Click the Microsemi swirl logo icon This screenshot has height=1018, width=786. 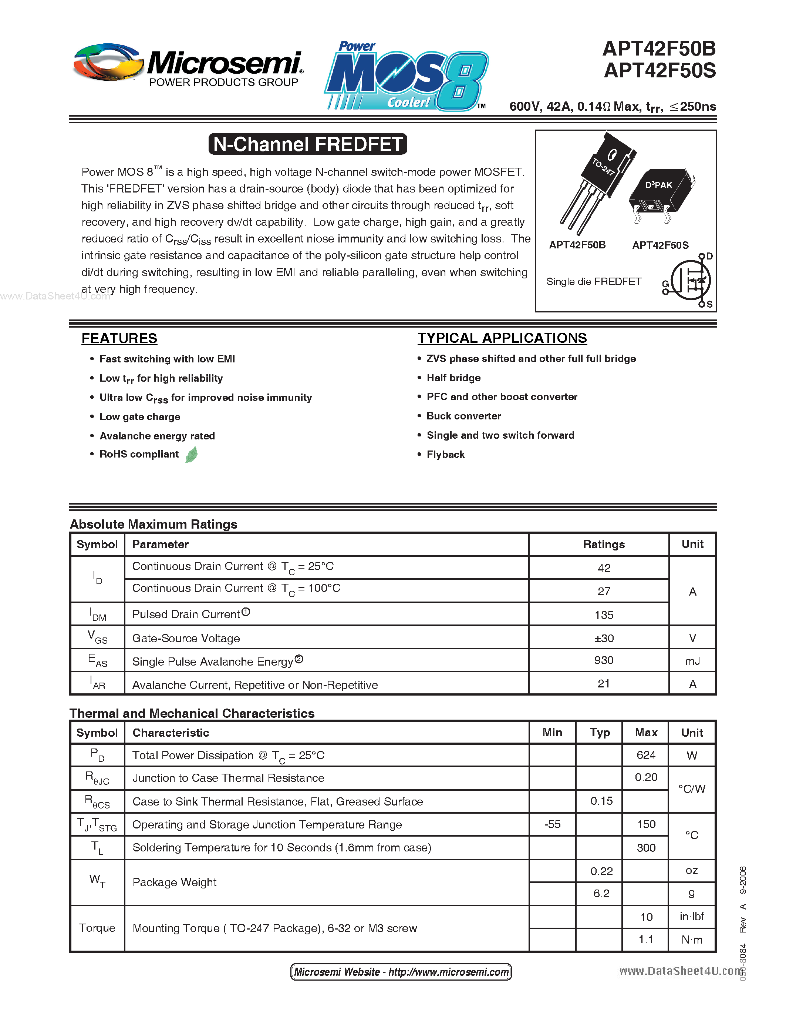(108, 63)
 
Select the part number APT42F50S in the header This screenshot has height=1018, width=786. (660, 71)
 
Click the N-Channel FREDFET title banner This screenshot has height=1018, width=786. (308, 144)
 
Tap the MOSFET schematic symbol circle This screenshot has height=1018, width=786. (690, 280)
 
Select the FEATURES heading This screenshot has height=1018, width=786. (119, 338)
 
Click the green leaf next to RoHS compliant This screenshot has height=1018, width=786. (191, 455)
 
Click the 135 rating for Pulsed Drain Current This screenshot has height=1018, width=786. (604, 615)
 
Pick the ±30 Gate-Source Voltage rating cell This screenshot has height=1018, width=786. (604, 638)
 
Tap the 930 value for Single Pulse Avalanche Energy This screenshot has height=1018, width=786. (604, 660)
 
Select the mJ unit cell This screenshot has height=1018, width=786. (692, 661)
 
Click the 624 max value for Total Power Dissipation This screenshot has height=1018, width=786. (646, 755)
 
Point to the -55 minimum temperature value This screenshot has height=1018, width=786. (552, 824)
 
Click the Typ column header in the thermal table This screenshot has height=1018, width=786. (599, 732)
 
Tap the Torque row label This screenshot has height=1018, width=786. (97, 928)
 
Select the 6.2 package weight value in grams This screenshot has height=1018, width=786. (601, 894)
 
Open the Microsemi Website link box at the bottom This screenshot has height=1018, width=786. (401, 971)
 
